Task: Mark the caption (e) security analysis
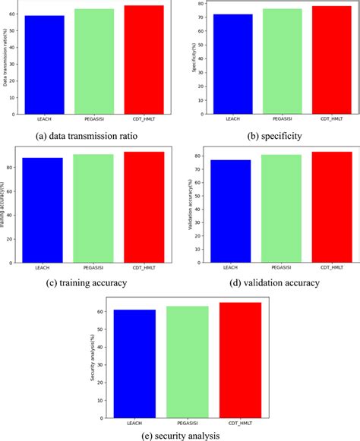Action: [179, 436]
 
